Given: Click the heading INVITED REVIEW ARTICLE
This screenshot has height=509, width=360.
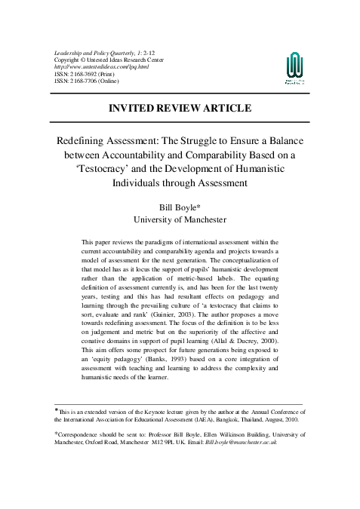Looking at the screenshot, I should [180, 108].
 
